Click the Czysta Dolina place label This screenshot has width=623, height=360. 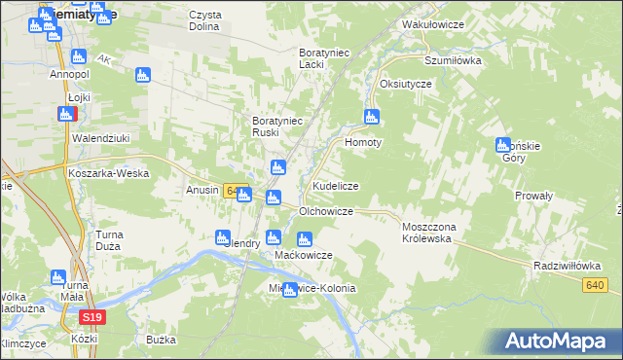[x=205, y=21]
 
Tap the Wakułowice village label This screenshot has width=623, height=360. [x=431, y=21]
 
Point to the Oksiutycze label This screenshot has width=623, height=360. [x=406, y=84]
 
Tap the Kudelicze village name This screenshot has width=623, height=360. [x=336, y=185]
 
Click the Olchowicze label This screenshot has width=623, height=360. [x=325, y=210]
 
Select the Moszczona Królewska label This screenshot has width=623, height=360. [x=435, y=232]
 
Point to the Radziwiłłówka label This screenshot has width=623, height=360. [x=565, y=265]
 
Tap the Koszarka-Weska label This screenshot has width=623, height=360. [x=108, y=172]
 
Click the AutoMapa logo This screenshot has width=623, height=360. [x=557, y=342]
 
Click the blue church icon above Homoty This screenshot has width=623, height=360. [x=371, y=118]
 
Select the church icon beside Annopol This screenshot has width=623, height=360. [x=79, y=57]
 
